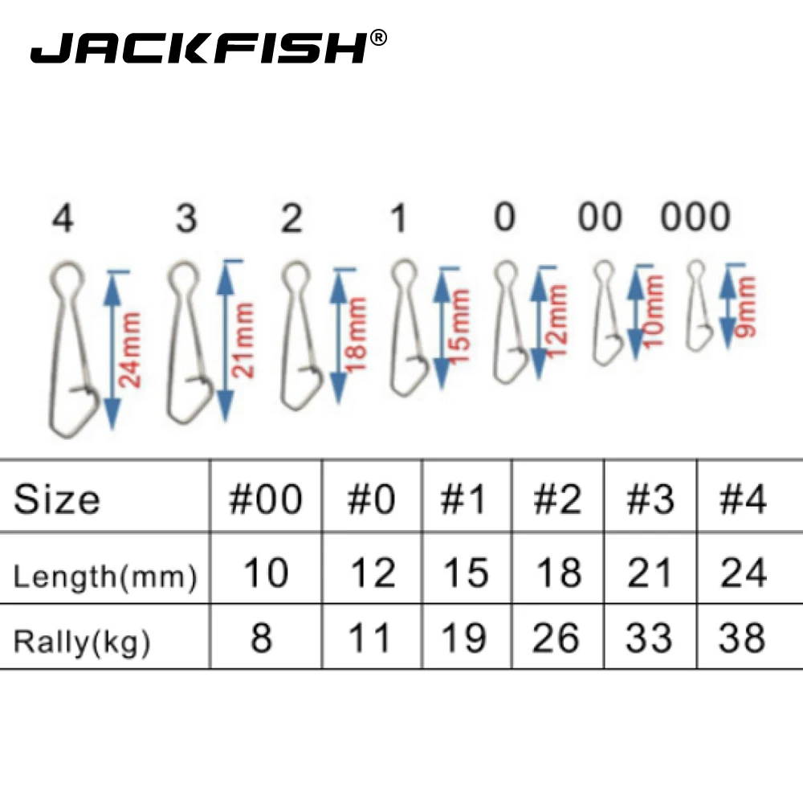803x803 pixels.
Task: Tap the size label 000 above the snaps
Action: point(695,218)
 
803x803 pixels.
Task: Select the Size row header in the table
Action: point(57,499)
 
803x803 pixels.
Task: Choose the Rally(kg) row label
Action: point(82,642)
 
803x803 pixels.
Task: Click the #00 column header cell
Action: point(266,499)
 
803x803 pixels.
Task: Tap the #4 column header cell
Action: point(743,499)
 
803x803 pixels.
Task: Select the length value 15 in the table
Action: point(465,574)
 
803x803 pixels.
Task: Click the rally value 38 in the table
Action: point(743,639)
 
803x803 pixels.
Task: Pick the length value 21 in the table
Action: point(649,574)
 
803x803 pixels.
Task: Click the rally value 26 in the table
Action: point(556,639)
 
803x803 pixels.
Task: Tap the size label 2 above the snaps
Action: point(291,218)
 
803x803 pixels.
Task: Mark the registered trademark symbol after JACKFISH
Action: point(380,37)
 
